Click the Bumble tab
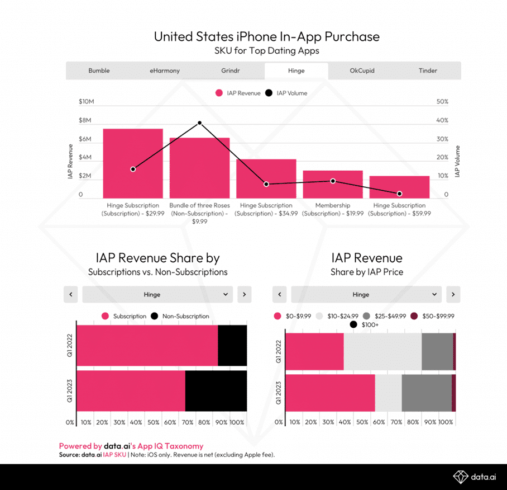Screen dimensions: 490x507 coord(99,70)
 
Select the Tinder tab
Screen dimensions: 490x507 coord(428,70)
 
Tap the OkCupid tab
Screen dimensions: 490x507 coord(362,70)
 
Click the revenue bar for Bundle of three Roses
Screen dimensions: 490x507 coord(199,168)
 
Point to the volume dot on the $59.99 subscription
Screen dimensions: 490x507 coord(399,194)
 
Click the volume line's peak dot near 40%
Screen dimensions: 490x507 coord(199,123)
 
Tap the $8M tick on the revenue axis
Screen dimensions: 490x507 coord(85,120)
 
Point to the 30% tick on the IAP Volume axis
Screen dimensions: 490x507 coord(442,139)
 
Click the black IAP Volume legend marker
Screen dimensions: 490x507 coord(269,93)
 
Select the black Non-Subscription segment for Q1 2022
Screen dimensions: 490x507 coord(232,346)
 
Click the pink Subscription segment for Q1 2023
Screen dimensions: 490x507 coord(131,390)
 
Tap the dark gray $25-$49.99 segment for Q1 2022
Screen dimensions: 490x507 coord(437,351)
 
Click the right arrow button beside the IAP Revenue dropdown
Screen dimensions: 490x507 coord(453,294)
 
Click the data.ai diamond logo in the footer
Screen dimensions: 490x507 coord(460,476)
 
